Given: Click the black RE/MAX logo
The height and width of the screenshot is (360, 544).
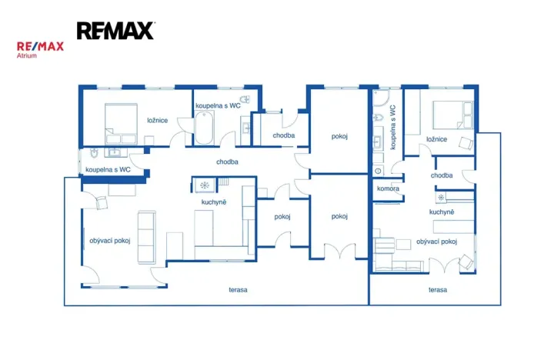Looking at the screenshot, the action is pyautogui.click(x=116, y=31).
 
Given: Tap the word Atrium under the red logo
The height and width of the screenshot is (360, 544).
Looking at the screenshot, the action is pyautogui.click(x=27, y=55).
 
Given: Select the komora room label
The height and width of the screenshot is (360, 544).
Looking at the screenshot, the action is pyautogui.click(x=388, y=188).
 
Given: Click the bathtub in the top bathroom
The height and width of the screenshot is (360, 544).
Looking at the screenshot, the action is pyautogui.click(x=204, y=128).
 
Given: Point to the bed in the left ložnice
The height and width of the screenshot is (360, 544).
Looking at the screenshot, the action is pyautogui.click(x=121, y=124).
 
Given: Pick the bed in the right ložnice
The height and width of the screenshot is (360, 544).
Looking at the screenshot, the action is pyautogui.click(x=453, y=115).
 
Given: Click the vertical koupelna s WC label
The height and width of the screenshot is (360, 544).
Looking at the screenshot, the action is pyautogui.click(x=392, y=127).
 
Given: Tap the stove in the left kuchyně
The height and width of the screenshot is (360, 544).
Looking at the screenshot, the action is pyautogui.click(x=205, y=185).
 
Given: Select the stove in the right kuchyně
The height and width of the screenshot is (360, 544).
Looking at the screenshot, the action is pyautogui.click(x=441, y=198).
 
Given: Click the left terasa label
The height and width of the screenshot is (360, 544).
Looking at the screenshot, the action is pyautogui.click(x=238, y=290).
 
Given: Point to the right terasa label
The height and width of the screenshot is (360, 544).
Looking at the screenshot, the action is pyautogui.click(x=438, y=290).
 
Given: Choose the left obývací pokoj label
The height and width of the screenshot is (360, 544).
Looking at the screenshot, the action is pyautogui.click(x=109, y=241).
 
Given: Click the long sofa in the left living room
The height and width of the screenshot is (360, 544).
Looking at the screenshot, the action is pyautogui.click(x=146, y=237).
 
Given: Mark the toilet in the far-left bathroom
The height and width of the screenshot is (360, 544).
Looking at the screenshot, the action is pyautogui.click(x=94, y=152).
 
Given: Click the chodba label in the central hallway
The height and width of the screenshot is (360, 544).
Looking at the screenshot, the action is pyautogui.click(x=227, y=162).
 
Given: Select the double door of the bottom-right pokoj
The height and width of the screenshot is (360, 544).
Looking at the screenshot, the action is pyautogui.click(x=339, y=251).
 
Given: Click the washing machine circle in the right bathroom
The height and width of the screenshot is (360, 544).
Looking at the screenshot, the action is pyautogui.click(x=378, y=171).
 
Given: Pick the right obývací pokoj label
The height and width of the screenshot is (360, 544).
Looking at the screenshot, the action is pyautogui.click(x=436, y=242).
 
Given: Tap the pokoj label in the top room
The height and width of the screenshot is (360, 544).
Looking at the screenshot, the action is pyautogui.click(x=339, y=136).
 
